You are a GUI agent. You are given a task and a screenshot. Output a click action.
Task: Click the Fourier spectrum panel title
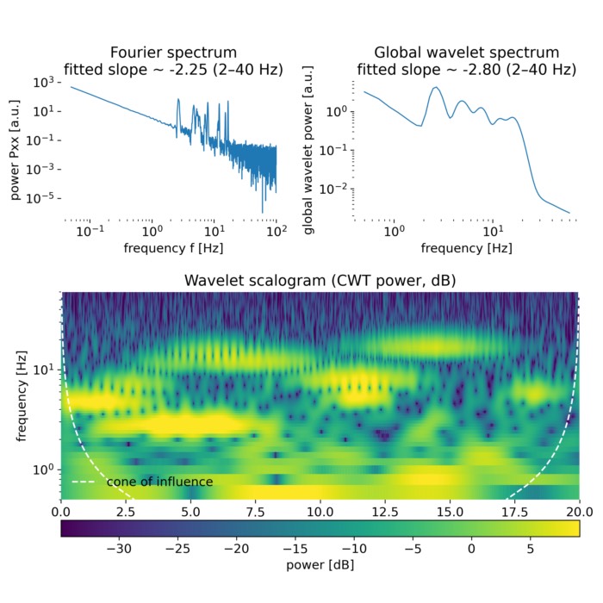[173, 52]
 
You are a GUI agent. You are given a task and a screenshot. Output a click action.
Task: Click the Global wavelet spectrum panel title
[468, 52]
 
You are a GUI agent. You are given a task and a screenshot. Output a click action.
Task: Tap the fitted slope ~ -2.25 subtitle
[173, 69]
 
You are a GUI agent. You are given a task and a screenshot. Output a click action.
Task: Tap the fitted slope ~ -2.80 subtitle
[468, 69]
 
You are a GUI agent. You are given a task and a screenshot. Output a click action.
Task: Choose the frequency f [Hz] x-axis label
[173, 249]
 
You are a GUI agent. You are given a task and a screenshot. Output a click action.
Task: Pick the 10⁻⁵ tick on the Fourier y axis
[47, 197]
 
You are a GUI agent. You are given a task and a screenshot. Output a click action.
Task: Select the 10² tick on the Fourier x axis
[277, 231]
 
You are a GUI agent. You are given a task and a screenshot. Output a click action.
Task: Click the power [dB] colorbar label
[320, 565]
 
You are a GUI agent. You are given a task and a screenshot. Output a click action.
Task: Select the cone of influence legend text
[159, 481]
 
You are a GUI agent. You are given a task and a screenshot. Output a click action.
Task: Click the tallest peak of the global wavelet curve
[436, 87]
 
